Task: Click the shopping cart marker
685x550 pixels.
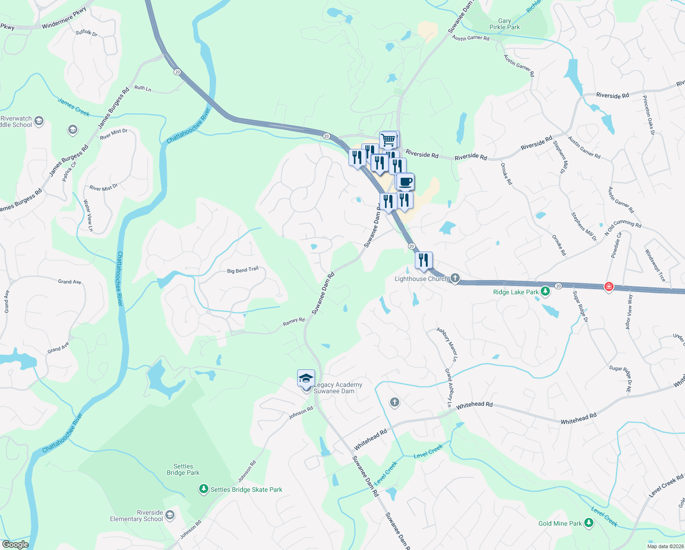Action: [389, 139]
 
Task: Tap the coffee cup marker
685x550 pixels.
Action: [405, 181]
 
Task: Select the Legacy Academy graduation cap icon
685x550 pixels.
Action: [306, 379]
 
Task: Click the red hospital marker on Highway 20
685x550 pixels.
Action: [609, 287]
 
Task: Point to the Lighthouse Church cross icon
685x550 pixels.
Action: [455, 278]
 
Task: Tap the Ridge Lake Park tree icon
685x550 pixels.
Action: [545, 291]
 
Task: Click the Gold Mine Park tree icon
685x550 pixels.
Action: [588, 523]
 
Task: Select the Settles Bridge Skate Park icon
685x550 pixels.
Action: [204, 489]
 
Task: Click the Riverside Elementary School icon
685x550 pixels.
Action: [169, 516]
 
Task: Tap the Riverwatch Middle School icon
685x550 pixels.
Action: [39, 121]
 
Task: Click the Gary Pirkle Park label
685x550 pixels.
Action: [505, 24]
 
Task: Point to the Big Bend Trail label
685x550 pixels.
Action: [243, 270]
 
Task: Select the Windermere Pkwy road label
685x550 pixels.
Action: [64, 18]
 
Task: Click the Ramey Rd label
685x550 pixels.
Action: [294, 322]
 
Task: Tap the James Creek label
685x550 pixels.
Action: [74, 107]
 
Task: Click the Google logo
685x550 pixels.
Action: [15, 544]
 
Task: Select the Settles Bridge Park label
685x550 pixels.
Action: [183, 469]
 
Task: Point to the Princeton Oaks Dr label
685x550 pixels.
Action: [648, 115]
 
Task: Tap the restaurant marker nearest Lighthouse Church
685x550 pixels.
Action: [424, 260]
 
